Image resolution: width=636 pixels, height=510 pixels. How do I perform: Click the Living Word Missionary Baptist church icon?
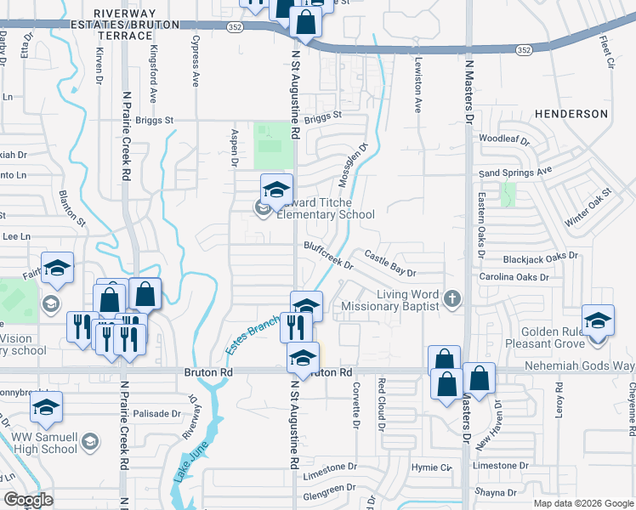452,298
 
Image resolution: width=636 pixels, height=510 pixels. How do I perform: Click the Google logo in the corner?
29,500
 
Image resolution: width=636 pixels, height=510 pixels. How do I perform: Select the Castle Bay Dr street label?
390,263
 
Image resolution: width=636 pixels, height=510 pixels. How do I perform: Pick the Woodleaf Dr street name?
504,139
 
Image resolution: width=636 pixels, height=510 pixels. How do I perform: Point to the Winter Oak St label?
588,207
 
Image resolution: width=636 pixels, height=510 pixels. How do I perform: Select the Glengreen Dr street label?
329,487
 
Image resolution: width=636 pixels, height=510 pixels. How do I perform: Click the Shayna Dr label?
497,491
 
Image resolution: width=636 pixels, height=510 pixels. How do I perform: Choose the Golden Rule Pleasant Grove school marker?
598,320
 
